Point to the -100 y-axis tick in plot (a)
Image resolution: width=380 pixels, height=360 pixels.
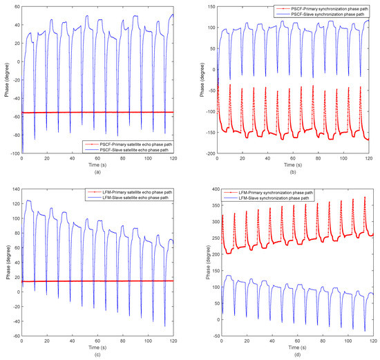(14, 153)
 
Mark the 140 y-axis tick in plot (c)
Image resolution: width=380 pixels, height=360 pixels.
(15, 187)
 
